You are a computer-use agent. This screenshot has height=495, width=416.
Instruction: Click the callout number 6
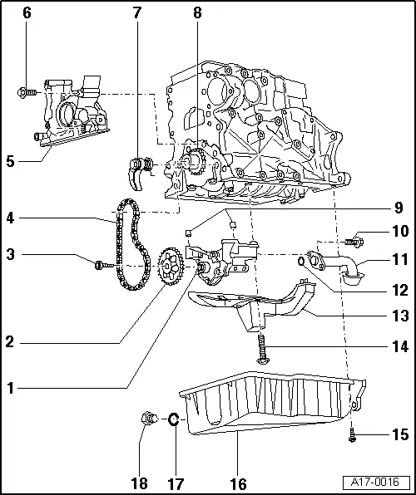(27, 13)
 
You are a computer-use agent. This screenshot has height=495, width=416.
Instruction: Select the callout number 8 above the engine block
(197, 13)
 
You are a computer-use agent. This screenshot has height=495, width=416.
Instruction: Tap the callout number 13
(401, 316)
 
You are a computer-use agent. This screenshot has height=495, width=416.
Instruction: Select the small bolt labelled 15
(352, 432)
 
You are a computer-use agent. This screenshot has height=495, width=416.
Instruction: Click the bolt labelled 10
(356, 242)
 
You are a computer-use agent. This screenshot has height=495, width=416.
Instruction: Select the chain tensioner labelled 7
(140, 161)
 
